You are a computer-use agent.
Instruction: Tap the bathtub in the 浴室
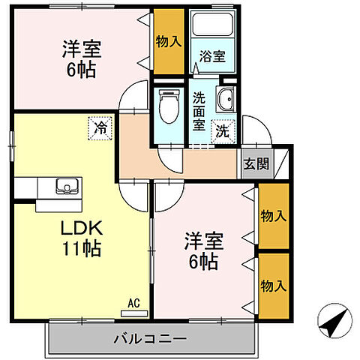tap(211, 27)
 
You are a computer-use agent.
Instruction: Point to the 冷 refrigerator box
tap(100, 128)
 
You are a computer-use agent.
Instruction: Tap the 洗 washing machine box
tap(223, 130)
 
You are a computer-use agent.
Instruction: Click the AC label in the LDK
tap(133, 303)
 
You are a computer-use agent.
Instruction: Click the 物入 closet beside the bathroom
tap(169, 42)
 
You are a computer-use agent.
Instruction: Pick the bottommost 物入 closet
tap(274, 286)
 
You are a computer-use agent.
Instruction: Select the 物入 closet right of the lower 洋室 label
tap(274, 217)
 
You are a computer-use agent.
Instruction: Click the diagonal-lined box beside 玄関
tap(280, 163)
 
